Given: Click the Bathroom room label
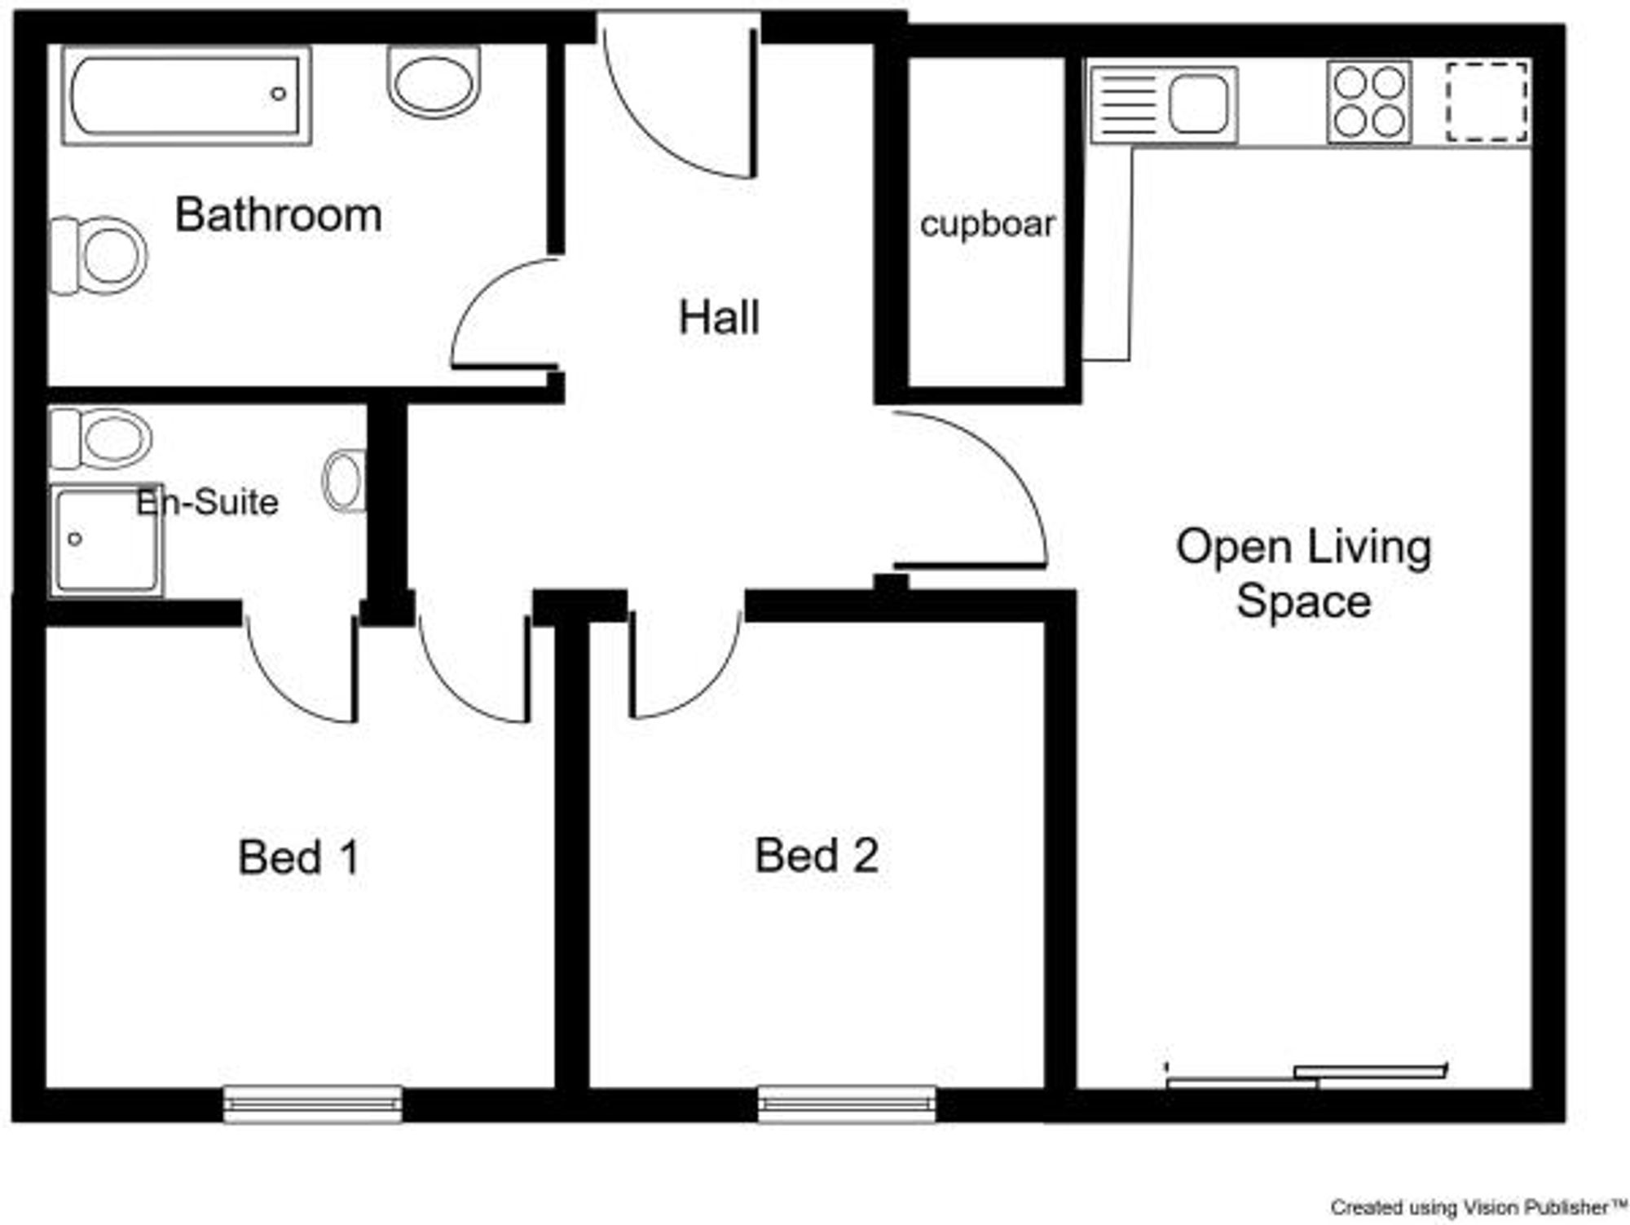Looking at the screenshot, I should pos(278,215).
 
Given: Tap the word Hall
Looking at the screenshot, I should pos(719,318).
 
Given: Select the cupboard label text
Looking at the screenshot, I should pos(987,224).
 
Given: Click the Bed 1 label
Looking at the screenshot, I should pos(299,857).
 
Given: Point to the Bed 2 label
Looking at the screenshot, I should pos(817,856).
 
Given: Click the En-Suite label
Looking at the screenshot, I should pos(208,502).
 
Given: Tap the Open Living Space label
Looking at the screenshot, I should pos(1302,574).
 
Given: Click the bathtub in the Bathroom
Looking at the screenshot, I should pos(187,96).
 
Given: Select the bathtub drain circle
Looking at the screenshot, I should pos(278,94).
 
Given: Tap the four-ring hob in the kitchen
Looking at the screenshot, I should pos(1368,103).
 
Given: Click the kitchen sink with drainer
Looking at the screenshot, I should pos(1164,105).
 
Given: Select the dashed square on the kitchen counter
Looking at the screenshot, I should pos(1487,102).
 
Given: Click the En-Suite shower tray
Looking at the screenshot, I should pos(106,540).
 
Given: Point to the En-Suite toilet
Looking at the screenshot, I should pos(101,438).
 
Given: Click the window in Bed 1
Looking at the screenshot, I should pos(313,1104).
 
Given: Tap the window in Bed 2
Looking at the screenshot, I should pos(847,1104).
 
